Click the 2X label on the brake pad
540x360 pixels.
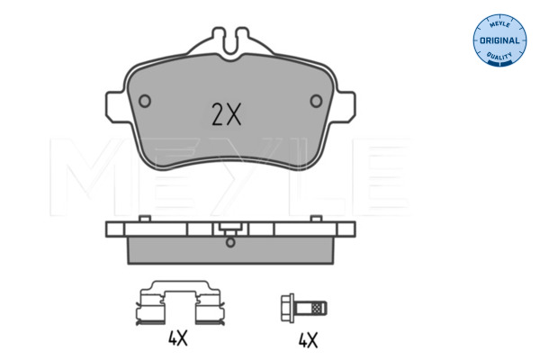tap(226, 114)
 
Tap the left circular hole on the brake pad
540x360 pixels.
tap(145, 101)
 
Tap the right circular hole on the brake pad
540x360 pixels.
tap(316, 101)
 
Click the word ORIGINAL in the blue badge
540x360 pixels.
tap(499, 40)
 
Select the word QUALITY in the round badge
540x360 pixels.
tap(499, 56)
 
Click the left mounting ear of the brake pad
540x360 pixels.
tap(116, 107)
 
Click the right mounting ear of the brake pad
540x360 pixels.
tap(345, 107)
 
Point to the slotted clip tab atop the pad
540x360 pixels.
tap(230, 42)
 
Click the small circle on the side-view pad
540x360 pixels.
tap(230, 242)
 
